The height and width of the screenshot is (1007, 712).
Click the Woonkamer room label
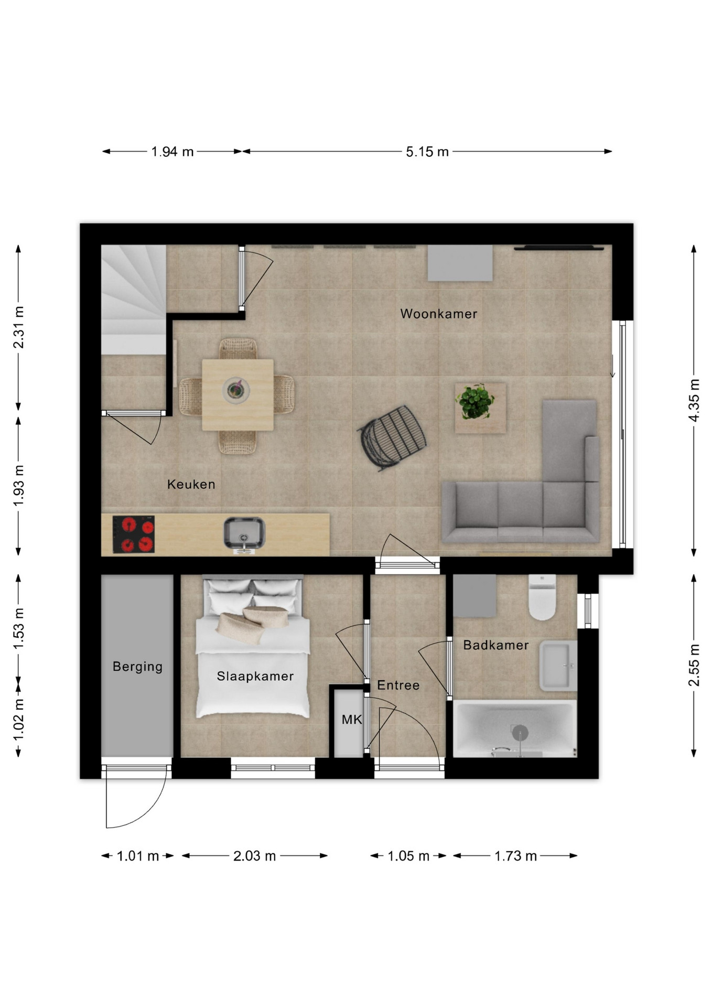coord(439,314)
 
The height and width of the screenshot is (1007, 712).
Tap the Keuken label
coord(191,484)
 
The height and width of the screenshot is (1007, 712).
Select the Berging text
coord(137,667)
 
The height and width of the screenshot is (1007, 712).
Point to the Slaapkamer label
coord(255,677)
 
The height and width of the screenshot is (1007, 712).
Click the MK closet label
coord(352,720)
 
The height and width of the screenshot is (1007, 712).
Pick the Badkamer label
coord(496,645)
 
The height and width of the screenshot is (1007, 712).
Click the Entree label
coord(398,685)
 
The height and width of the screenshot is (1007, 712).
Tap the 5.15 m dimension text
coord(427,152)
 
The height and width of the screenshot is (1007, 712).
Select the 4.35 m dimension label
coord(694,400)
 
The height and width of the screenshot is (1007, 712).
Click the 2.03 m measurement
coord(255,856)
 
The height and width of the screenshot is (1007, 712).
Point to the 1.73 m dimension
coord(516,856)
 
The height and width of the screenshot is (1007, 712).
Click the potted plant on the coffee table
coord(475,402)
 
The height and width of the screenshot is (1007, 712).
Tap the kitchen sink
coord(244,533)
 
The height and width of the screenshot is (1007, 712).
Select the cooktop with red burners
coord(134,534)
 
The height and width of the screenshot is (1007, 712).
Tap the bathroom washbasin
coord(558,666)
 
